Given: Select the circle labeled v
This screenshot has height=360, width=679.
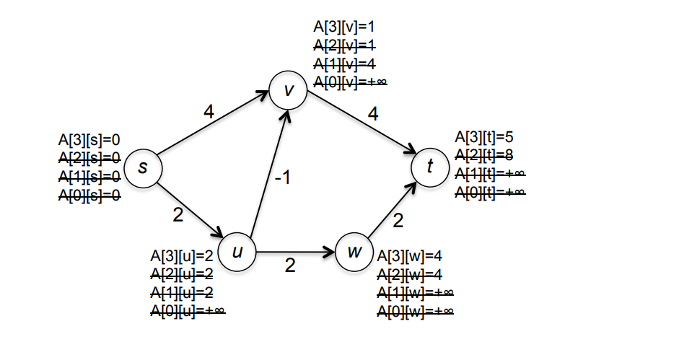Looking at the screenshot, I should click(288, 91).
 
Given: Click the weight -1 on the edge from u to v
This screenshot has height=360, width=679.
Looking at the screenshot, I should click(282, 177).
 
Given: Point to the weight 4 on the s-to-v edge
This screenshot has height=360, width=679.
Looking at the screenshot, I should click(209, 112).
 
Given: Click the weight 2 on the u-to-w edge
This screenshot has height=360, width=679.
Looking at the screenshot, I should click(290, 265).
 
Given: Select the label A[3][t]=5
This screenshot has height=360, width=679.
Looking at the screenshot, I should click(483, 136).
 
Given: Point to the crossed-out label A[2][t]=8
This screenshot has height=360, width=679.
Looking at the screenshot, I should click(483, 154).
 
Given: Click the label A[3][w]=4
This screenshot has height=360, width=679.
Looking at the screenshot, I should click(408, 255).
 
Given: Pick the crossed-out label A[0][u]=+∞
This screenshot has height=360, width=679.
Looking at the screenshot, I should click(188, 310).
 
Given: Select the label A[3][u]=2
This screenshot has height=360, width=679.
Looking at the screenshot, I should click(181, 255).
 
